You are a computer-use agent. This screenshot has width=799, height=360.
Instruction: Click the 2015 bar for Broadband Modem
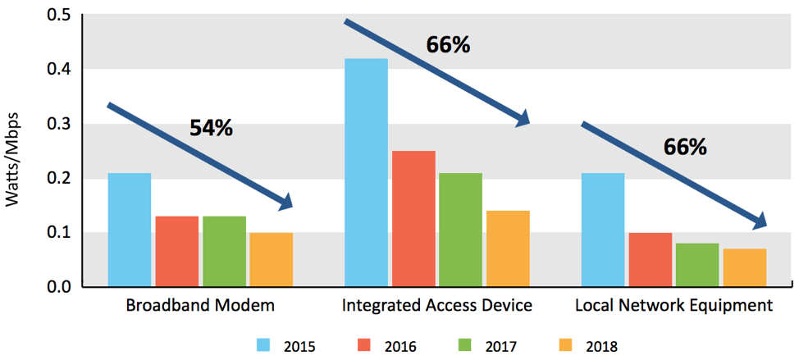(130, 230)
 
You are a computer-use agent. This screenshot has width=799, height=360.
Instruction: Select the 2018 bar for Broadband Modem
(272, 259)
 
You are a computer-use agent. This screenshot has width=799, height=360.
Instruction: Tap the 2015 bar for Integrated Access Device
(366, 172)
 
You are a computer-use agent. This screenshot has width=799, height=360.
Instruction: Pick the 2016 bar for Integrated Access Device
(413, 218)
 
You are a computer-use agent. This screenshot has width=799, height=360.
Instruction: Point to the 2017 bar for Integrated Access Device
(461, 230)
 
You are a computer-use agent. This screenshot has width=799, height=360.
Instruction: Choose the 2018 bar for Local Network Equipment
(745, 267)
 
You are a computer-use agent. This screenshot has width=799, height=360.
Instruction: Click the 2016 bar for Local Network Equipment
(650, 259)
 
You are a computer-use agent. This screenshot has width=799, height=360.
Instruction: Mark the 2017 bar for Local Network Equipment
(697, 265)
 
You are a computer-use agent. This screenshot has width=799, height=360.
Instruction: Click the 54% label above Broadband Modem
(212, 128)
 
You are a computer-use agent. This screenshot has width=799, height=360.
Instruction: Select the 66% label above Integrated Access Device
(448, 44)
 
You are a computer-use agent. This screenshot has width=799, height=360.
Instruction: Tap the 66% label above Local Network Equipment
(685, 147)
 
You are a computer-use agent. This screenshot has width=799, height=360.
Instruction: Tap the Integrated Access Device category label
(437, 306)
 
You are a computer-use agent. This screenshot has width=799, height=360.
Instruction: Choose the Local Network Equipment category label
(673, 306)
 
